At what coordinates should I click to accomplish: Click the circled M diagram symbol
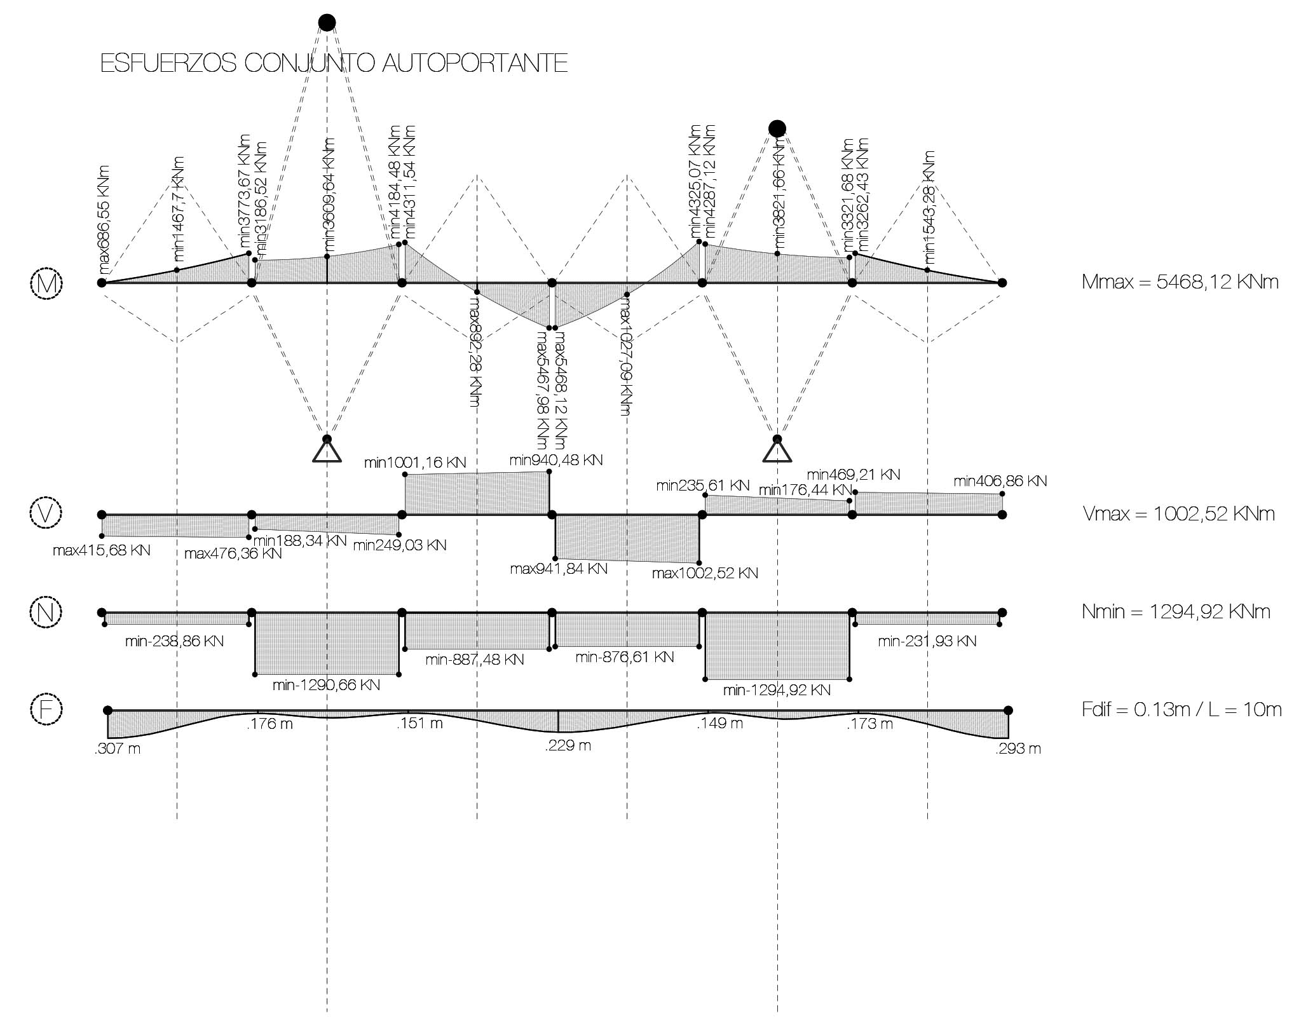pyautogui.click(x=46, y=283)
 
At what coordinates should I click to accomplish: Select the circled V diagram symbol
pyautogui.click(x=46, y=513)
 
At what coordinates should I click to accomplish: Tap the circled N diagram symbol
pyautogui.click(x=46, y=612)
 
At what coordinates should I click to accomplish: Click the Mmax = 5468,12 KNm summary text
pyautogui.click(x=1180, y=282)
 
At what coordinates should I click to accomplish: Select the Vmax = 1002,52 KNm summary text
pyautogui.click(x=1178, y=513)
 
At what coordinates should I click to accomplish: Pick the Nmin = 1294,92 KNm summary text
pyautogui.click(x=1176, y=612)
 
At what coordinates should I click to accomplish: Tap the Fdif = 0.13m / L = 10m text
pyautogui.click(x=1181, y=709)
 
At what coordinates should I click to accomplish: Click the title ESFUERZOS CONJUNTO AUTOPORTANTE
pyautogui.click(x=334, y=64)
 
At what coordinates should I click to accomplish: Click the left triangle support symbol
pyautogui.click(x=327, y=452)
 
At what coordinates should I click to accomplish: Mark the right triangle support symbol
pyautogui.click(x=777, y=452)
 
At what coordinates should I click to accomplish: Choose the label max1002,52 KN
pyautogui.click(x=705, y=573)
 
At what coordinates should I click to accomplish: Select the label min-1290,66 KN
pyautogui.click(x=326, y=685)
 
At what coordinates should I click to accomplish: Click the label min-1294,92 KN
pyautogui.click(x=777, y=689)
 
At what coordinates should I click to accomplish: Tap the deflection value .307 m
pyautogui.click(x=118, y=749)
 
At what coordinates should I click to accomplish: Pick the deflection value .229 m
pyautogui.click(x=568, y=745)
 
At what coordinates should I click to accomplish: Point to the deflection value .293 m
pyautogui.click(x=1018, y=749)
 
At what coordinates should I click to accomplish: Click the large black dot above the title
pyautogui.click(x=327, y=23)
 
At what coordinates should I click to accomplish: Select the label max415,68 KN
pyautogui.click(x=102, y=550)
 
